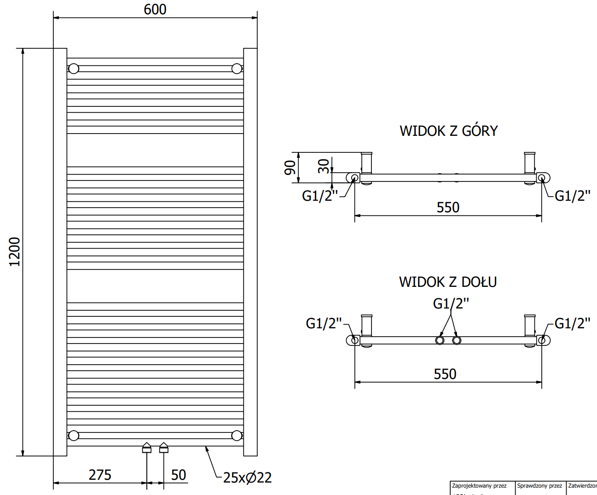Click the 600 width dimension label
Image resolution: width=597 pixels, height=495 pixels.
pos(155,9)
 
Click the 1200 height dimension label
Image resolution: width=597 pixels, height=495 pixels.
pos(15,251)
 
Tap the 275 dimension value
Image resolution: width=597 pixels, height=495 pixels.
pos(100,475)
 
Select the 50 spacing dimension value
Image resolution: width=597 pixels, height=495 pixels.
pos(179,475)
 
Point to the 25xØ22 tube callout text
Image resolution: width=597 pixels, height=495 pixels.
pos(247,478)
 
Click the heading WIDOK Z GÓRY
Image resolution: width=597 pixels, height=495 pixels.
pos(448,131)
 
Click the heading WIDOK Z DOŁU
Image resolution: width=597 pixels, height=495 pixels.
pos(447,282)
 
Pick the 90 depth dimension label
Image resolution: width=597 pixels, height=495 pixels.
pos(290,168)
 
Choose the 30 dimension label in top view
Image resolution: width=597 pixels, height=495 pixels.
pos(324,166)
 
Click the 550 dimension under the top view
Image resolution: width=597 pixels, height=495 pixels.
pos(448,207)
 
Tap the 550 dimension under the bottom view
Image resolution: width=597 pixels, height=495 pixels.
pos(445,374)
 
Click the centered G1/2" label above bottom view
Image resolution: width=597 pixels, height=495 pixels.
pos(451,303)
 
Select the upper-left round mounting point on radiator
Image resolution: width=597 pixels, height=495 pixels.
pos(74,69)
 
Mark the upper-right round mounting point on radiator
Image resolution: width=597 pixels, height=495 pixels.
pos(237,69)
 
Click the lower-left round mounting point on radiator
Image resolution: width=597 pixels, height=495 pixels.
pos(74,435)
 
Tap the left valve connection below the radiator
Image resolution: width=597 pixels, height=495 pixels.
pos(147,448)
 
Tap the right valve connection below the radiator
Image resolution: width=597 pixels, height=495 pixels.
pos(164,448)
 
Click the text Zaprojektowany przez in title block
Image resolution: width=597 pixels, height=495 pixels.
pos(479,486)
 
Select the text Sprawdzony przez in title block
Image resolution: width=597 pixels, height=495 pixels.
pos(539,486)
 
